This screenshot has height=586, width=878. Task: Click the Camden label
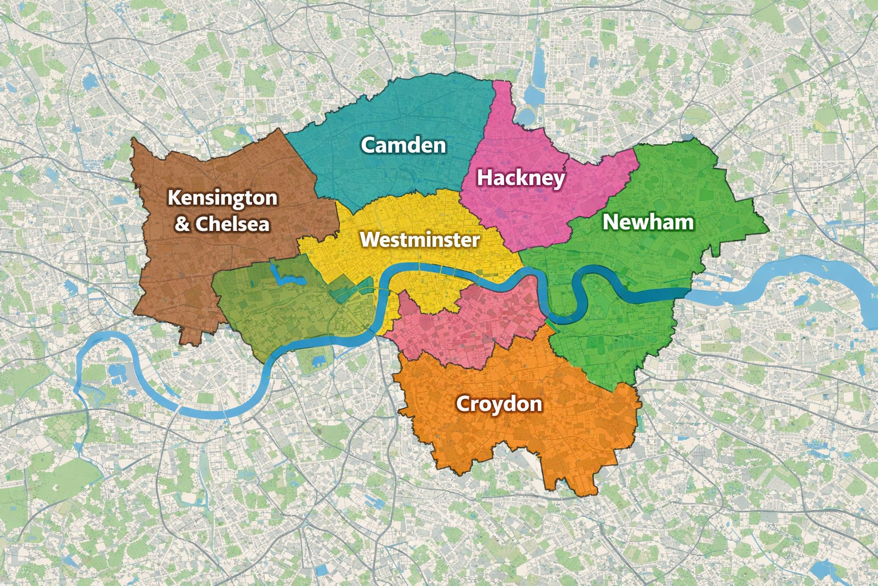coord(404,145)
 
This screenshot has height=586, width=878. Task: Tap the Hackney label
coord(521,177)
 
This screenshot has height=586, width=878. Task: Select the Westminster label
coord(420,239)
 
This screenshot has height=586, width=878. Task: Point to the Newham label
coord(648,222)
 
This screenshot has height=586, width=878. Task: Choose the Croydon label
coord(499,404)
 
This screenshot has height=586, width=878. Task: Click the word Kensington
coord(222,198)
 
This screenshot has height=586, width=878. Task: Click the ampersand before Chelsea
coord(182,224)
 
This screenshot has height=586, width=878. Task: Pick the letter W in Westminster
coord(369,239)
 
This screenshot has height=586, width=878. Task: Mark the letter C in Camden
coord(369,145)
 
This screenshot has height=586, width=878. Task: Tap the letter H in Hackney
coord(485,177)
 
